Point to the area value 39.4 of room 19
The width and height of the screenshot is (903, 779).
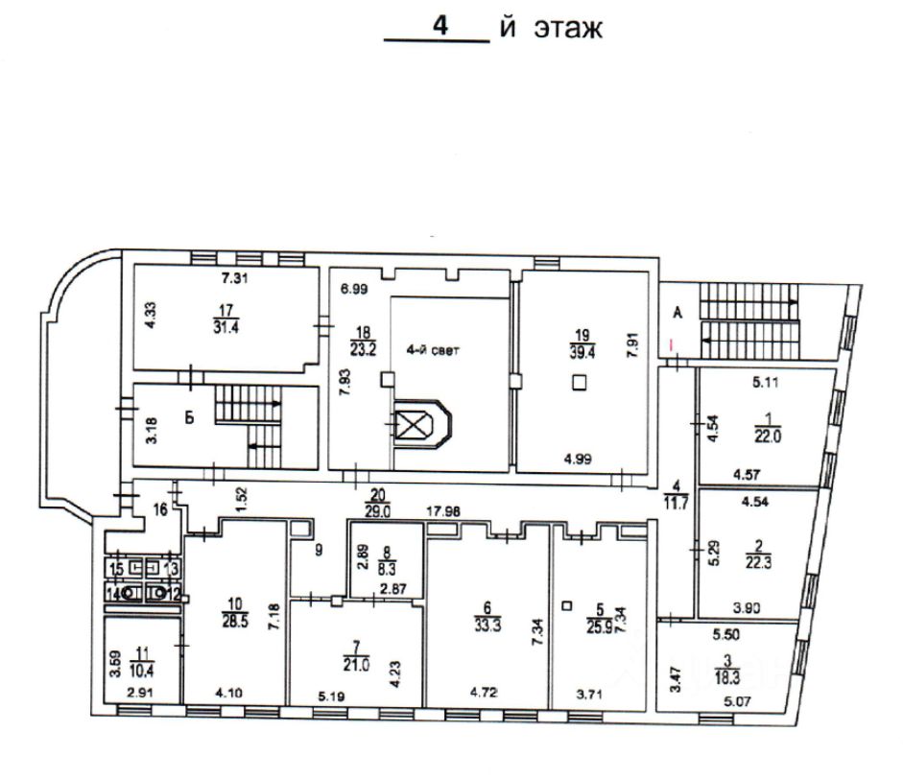pos(580,352)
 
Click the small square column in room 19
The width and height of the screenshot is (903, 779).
pos(579,383)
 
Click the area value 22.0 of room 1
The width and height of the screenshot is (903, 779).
pos(764,435)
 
